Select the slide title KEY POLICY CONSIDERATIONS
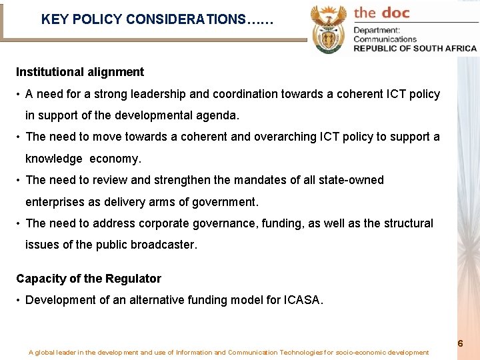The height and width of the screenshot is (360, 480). tap(157, 19)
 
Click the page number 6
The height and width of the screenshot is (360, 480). tap(460, 343)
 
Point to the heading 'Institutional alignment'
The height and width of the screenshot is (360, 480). tap(80, 71)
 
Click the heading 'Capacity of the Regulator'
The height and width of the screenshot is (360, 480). tap(89, 278)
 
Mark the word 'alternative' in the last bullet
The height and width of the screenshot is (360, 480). tap(145, 300)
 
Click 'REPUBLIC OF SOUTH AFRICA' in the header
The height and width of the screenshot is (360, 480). tap(415, 48)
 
